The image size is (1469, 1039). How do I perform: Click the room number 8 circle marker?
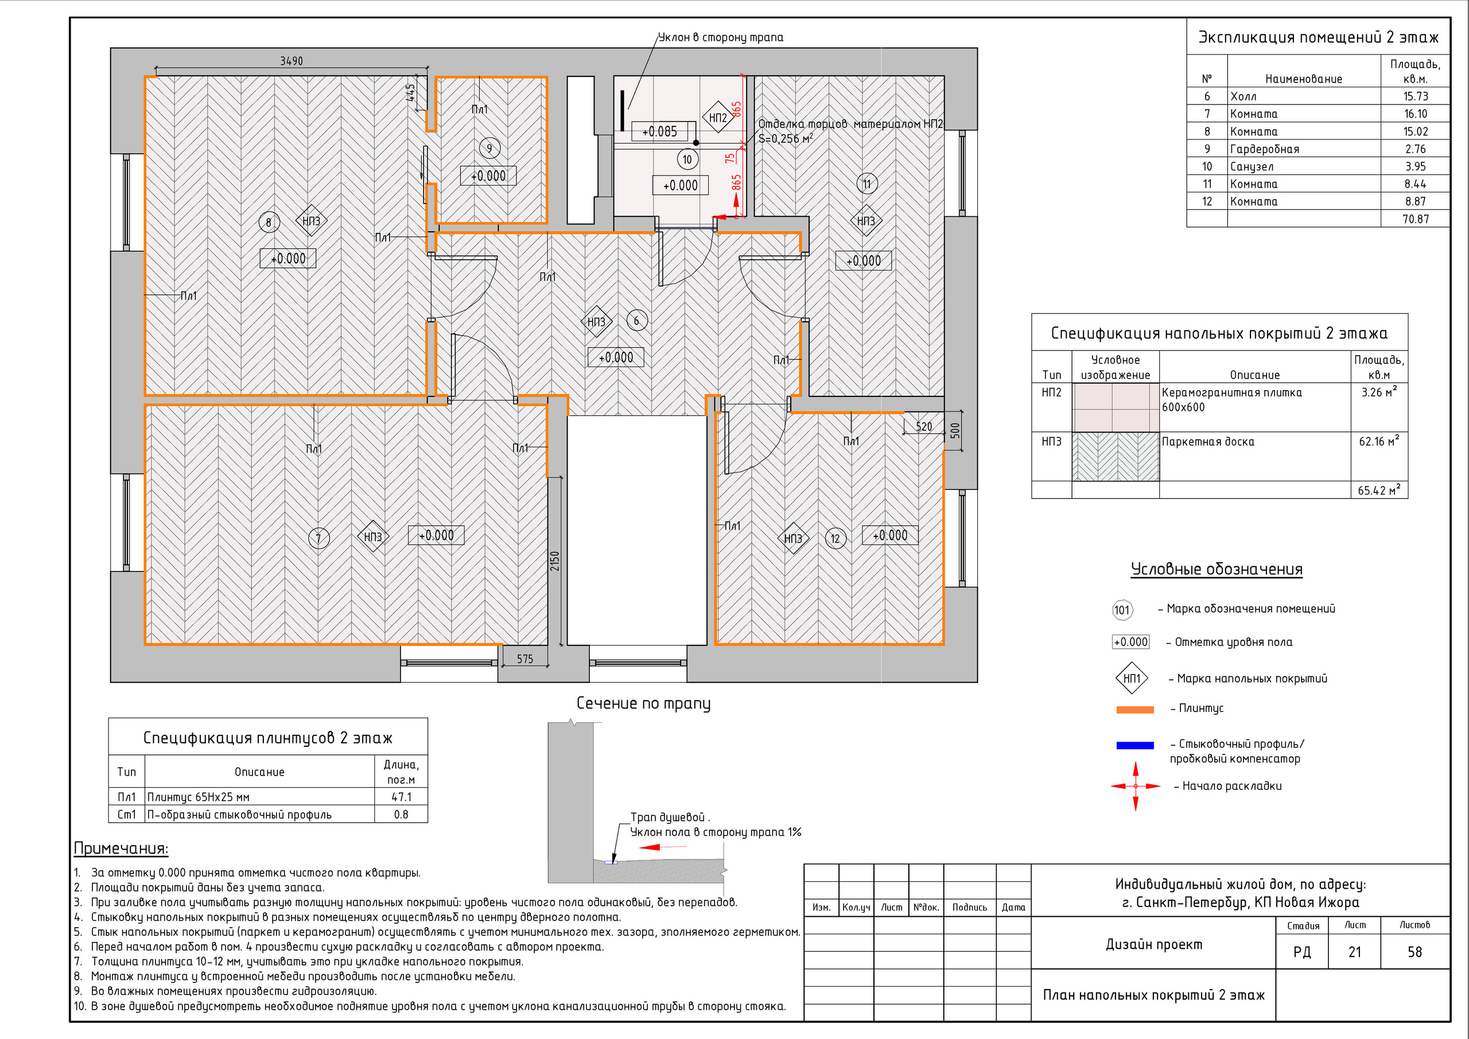point(269,223)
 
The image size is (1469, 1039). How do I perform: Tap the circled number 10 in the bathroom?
point(687,159)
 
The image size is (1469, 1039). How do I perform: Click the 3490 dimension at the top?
point(291,61)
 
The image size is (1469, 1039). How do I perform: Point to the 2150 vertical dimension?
point(555,561)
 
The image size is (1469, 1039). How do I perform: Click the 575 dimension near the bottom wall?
point(524,659)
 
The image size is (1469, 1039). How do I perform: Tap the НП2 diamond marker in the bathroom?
point(718,118)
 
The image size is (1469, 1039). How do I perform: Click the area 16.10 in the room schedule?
point(1415,114)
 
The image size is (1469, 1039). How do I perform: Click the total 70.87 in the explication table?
point(1415,219)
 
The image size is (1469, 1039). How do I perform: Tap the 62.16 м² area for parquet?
point(1379,441)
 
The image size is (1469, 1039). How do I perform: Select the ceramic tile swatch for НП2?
point(1115,407)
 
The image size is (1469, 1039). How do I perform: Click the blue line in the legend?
point(1134,745)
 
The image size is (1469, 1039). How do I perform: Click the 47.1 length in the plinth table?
point(401,796)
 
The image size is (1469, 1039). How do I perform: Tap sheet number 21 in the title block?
point(1354,951)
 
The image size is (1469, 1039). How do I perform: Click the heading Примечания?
point(121,849)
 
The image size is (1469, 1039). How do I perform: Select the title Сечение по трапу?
point(643,703)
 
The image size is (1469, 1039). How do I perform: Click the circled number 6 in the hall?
point(636,321)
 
